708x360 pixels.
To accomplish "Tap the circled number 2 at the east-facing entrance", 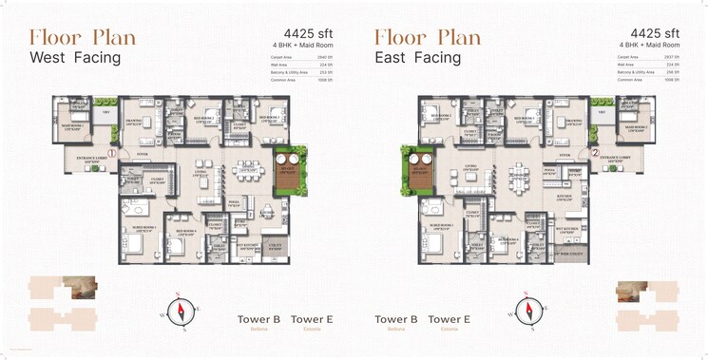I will click(594, 153).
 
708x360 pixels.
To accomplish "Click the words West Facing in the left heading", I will click(75, 59).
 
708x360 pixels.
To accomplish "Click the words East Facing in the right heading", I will click(417, 59).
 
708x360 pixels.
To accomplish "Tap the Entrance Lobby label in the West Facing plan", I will click(85, 159).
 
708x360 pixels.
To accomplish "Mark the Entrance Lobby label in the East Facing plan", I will click(621, 159).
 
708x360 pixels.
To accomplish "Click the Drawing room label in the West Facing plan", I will click(134, 122).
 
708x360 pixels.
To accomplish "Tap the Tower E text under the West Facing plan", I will click(312, 320).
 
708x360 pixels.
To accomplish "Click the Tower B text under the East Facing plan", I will click(396, 320).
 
